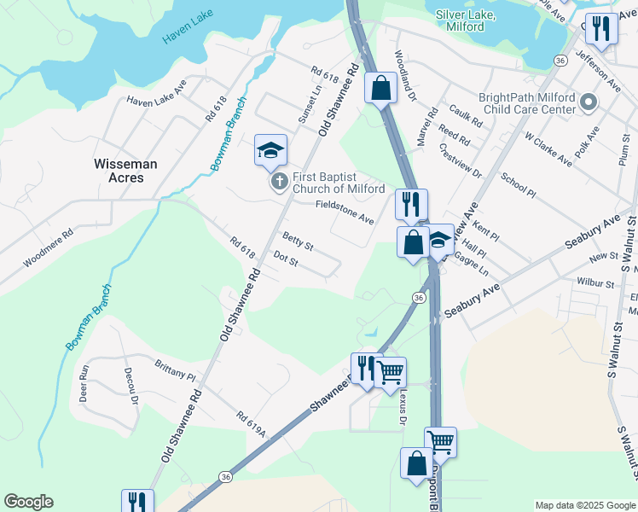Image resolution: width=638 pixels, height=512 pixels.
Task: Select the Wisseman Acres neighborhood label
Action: click(x=119, y=170)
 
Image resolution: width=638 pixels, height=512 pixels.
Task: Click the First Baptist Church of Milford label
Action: click(x=339, y=183)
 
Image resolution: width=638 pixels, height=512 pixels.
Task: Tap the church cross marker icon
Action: click(x=278, y=182)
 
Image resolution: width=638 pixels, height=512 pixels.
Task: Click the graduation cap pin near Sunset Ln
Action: click(x=270, y=151)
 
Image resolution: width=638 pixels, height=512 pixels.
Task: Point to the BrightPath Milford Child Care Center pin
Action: click(x=588, y=103)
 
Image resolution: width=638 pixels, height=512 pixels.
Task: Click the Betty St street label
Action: click(x=298, y=241)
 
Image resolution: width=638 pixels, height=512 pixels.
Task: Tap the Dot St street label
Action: click(x=285, y=259)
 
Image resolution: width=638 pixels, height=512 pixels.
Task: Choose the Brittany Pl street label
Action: click(x=175, y=369)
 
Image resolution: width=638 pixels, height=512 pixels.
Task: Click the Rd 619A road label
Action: click(x=252, y=424)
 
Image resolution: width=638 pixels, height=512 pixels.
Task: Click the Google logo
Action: click(x=28, y=502)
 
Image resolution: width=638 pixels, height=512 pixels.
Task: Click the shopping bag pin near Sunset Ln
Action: click(x=380, y=87)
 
